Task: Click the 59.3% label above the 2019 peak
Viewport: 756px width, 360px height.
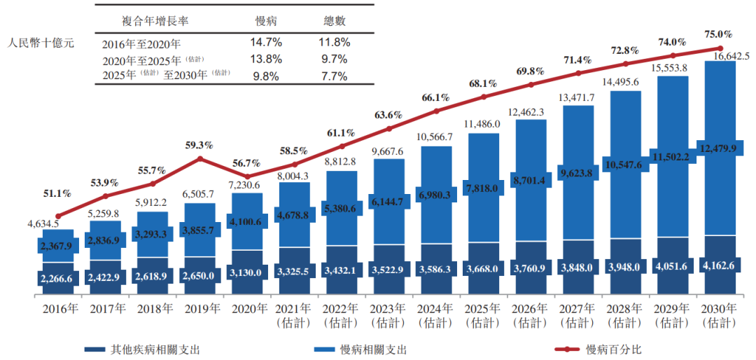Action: pos(199,146)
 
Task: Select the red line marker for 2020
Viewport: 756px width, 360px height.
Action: pos(248,176)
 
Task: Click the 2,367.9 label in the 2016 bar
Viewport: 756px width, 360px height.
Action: pos(58,245)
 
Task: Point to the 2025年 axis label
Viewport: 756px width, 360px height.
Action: pos(484,309)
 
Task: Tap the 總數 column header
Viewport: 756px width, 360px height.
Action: pos(332,21)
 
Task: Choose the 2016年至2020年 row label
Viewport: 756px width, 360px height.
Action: pos(141,43)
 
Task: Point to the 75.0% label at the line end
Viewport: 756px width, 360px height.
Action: pos(718,34)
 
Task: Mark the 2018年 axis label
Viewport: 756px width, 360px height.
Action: pos(153,309)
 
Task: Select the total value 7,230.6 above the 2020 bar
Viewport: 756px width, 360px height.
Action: pos(248,185)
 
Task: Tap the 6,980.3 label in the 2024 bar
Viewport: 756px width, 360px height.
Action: pos(437,192)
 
